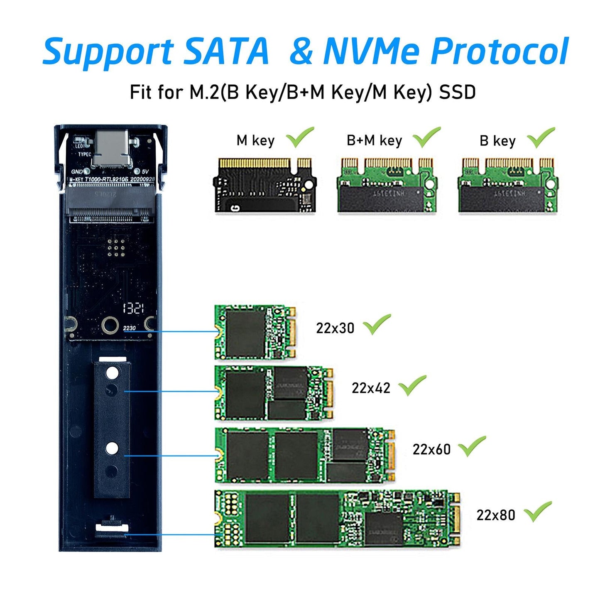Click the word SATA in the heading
click(x=227, y=51)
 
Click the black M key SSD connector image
click(x=265, y=185)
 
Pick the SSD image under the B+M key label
click(x=387, y=185)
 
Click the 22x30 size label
click(x=335, y=328)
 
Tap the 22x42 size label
click(x=371, y=388)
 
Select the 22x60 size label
click(x=431, y=449)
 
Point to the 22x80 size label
click(x=495, y=515)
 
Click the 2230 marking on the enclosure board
click(x=130, y=328)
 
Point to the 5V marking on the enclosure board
click(x=145, y=171)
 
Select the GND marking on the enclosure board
click(x=77, y=171)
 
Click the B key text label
click(x=497, y=141)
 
